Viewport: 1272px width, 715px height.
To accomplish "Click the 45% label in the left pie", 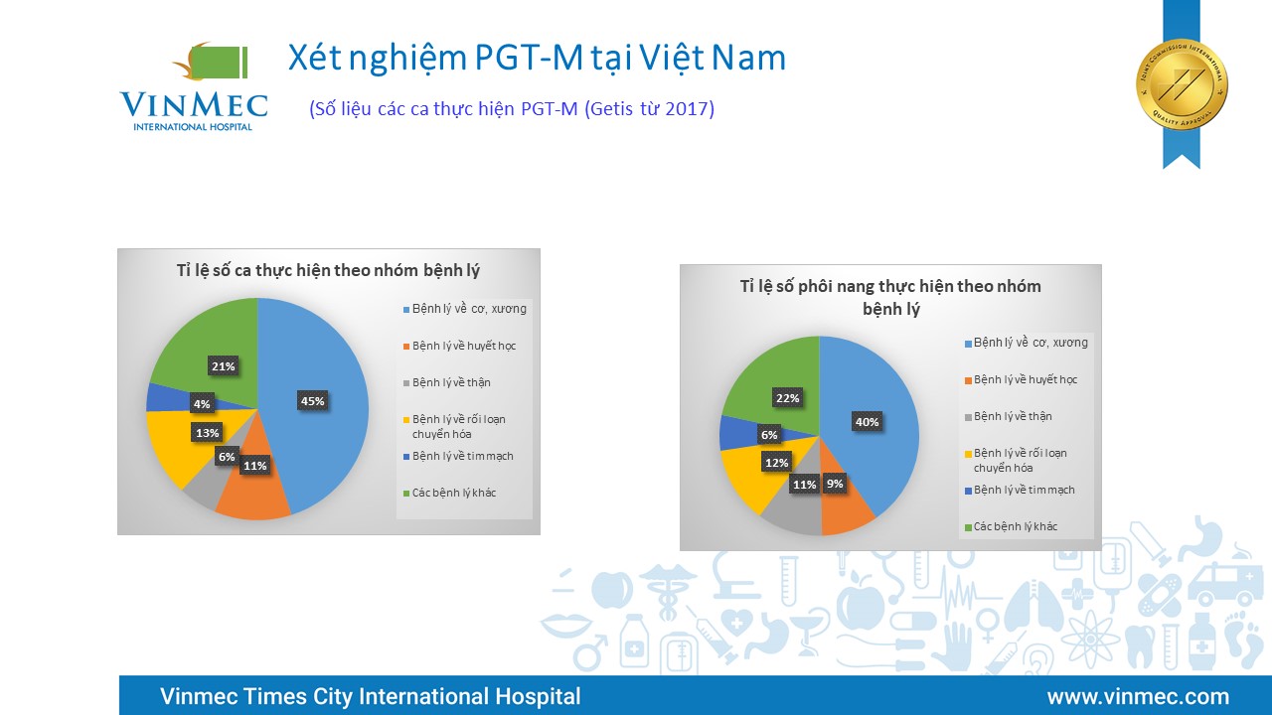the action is (x=312, y=401).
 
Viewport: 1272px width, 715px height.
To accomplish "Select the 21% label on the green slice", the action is (x=224, y=366).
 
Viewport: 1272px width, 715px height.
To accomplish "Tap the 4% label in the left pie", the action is (x=202, y=404).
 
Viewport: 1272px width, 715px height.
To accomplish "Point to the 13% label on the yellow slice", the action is (x=208, y=433).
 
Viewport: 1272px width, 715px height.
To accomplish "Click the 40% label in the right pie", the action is (x=868, y=422).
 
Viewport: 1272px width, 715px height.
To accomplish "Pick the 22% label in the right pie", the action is (x=788, y=398).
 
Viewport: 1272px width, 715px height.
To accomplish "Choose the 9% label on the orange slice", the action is (x=835, y=484).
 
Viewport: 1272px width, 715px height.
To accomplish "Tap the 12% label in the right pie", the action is (x=777, y=463).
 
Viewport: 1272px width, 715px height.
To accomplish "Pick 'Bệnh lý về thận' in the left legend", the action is (x=451, y=382).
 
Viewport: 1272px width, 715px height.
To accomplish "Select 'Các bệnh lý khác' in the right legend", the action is (x=1016, y=526).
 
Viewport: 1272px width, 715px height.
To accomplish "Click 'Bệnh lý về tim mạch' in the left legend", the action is (x=463, y=456).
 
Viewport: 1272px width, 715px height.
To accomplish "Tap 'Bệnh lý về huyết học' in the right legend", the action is (x=1026, y=379).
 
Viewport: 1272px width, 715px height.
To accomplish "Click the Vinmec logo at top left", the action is (x=194, y=86).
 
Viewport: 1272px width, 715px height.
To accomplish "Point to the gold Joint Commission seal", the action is (x=1182, y=85).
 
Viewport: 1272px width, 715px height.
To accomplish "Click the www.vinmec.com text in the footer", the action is (x=1139, y=696).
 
